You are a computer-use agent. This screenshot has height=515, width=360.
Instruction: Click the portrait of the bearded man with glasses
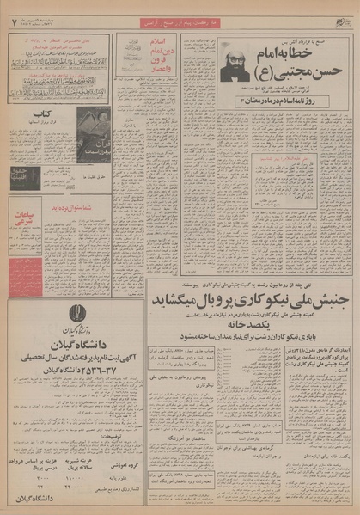point(235,61)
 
